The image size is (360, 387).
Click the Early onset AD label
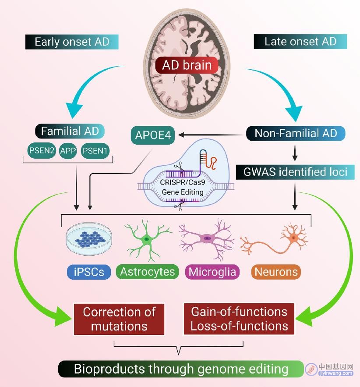pyautogui.click(x=72, y=42)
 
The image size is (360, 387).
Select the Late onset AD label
pyautogui.click(x=300, y=42)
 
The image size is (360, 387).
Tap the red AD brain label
pyautogui.click(x=187, y=65)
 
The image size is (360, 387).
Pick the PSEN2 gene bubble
pyautogui.click(x=42, y=150)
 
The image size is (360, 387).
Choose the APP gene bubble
pyautogui.click(x=68, y=151)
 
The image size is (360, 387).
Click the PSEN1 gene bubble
pyautogui.click(x=95, y=151)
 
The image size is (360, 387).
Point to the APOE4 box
pyautogui.click(x=153, y=135)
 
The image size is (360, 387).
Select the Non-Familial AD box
pyautogui.click(x=296, y=133)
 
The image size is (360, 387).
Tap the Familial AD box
pyautogui.click(x=70, y=131)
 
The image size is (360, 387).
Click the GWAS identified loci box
pyautogui.click(x=295, y=172)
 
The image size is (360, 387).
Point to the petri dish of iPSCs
pyautogui.click(x=89, y=239)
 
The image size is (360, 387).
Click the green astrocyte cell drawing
pyautogui.click(x=147, y=239)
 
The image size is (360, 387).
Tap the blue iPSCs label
pyautogui.click(x=89, y=272)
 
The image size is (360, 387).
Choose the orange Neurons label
pyautogui.click(x=276, y=272)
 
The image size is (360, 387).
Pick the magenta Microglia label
pyautogui.click(x=212, y=272)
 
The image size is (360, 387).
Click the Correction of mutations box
pyautogui.click(x=119, y=319)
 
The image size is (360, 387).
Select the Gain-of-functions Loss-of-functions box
pyautogui.click(x=239, y=319)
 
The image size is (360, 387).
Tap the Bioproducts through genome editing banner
pyautogui.click(x=181, y=369)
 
